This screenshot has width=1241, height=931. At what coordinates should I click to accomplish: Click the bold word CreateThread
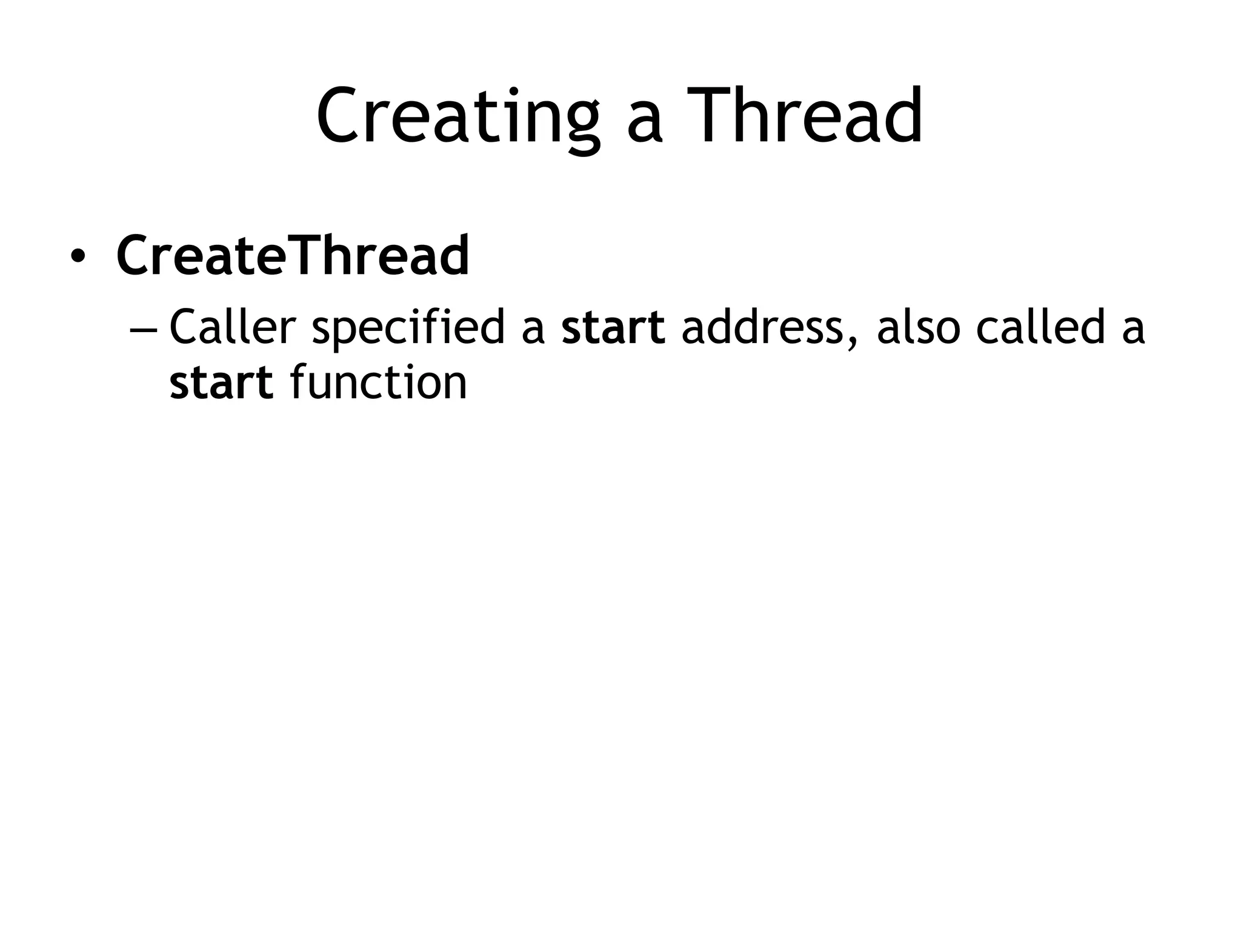click(x=293, y=255)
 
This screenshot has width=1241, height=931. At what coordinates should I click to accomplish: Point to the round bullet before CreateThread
click(x=78, y=256)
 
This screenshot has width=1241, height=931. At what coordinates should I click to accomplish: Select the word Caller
click(x=232, y=327)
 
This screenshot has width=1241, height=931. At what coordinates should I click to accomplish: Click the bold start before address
click(x=613, y=328)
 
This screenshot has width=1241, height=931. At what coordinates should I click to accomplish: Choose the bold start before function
click(x=221, y=383)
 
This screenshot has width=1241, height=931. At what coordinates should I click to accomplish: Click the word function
click(x=379, y=383)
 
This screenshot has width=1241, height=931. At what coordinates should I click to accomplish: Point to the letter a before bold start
click(x=533, y=332)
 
